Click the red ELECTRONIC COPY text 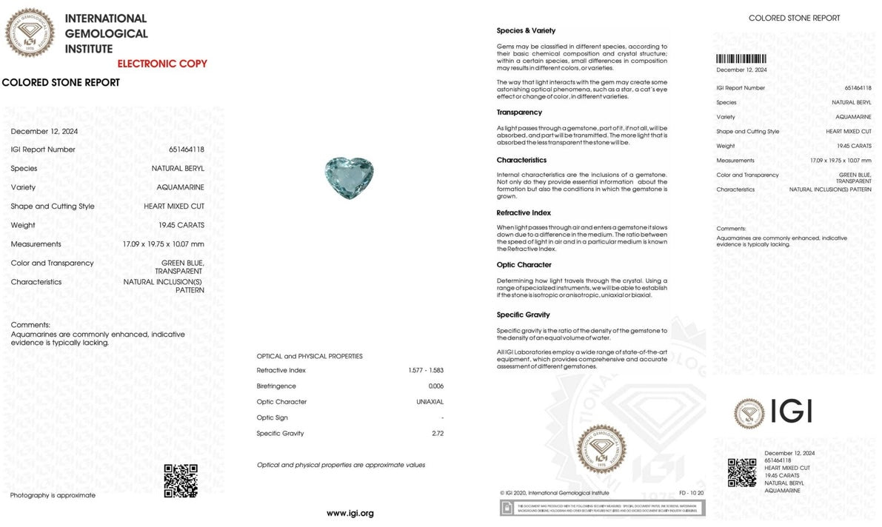pos(162,64)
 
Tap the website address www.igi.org pos(350,513)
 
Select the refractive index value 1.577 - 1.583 pos(426,370)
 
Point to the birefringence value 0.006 pos(435,386)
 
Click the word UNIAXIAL pos(430,402)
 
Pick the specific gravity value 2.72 pos(437,434)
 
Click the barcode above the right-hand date pos(741,59)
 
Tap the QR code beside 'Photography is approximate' pos(180,480)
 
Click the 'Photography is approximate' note pos(53,495)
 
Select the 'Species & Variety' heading pos(526,31)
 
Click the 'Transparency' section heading pos(519,113)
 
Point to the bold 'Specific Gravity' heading pos(523,315)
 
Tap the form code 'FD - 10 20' pos(691,493)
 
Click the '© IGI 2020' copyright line pos(554,493)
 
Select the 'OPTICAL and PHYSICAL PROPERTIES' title pos(310,356)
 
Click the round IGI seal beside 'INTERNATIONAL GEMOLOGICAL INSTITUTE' pos(30,33)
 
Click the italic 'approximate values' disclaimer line pos(341,465)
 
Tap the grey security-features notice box pos(602,508)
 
